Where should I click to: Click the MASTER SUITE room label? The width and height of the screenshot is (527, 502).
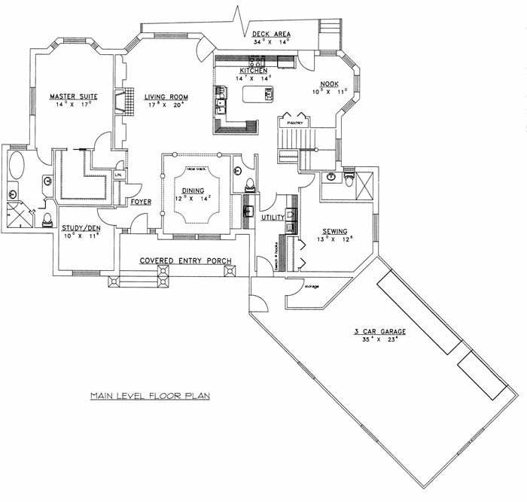tap(70, 96)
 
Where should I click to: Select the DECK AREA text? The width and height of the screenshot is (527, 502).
tap(272, 34)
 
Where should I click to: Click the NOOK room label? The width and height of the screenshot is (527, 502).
tap(330, 84)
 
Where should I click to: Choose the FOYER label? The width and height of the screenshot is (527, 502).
tap(142, 202)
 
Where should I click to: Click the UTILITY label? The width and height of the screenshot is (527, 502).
tap(272, 218)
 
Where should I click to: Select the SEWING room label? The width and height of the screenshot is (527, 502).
tap(335, 231)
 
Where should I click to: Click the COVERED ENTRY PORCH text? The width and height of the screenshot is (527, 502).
tap(185, 261)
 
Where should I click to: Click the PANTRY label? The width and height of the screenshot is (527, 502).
tap(294, 118)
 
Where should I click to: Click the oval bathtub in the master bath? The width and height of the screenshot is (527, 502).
tap(16, 165)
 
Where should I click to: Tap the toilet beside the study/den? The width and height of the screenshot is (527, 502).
tap(47, 218)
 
